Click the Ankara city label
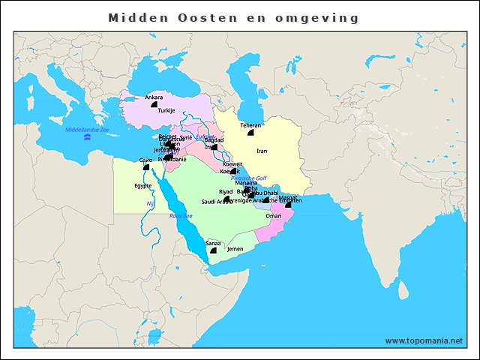154,97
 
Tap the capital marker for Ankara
154,106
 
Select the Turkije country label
166,110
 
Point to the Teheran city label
250,125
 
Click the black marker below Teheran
250,133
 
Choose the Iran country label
262,151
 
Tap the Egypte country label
142,185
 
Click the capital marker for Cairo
146,167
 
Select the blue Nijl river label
150,202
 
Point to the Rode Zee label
181,216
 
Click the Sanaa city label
213,243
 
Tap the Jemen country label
235,248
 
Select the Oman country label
274,216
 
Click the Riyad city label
226,192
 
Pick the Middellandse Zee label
87,130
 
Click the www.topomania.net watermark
424,340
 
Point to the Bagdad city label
214,139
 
